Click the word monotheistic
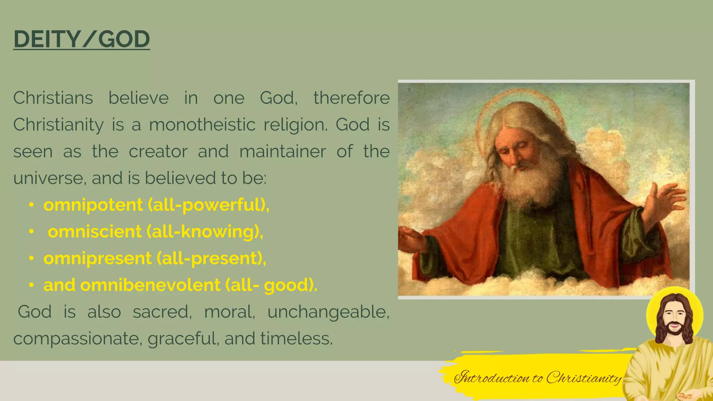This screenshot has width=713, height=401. [x=202, y=125]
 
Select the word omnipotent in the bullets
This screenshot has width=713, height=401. [x=93, y=205]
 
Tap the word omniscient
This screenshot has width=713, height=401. [x=95, y=231]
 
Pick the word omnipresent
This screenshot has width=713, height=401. [x=97, y=258]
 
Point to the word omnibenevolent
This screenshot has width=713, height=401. [x=150, y=285]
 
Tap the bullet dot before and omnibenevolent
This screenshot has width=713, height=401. [x=31, y=285]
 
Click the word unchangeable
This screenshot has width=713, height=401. [x=328, y=312]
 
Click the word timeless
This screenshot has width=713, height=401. [x=296, y=338]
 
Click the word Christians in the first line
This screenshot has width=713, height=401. [x=53, y=98]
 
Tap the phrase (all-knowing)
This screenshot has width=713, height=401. [x=205, y=231]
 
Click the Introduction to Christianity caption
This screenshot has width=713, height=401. [x=538, y=378]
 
